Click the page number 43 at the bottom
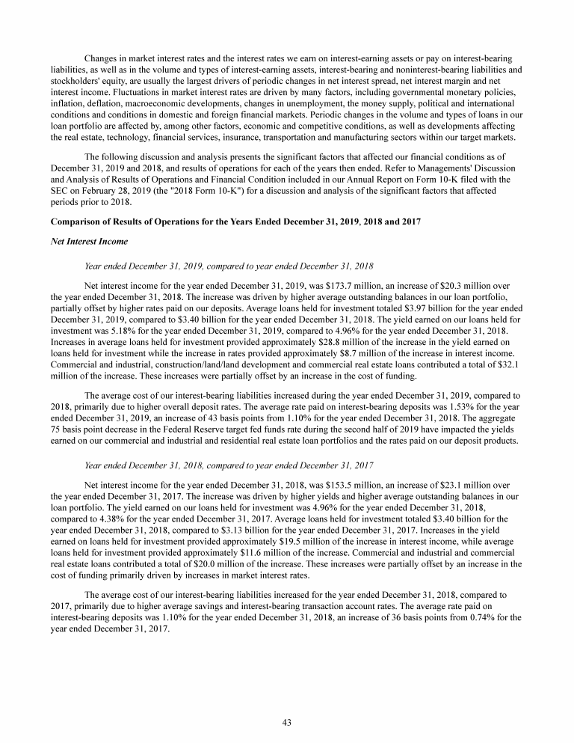click(x=287, y=722)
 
